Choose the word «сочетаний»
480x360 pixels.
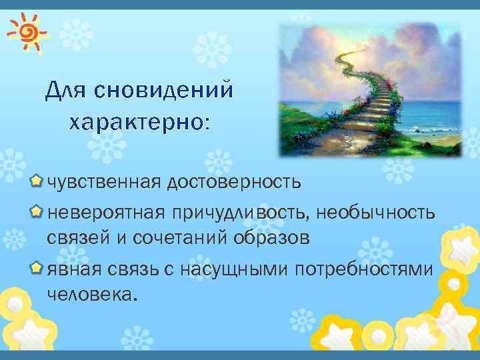pyautogui.click(x=181, y=238)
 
